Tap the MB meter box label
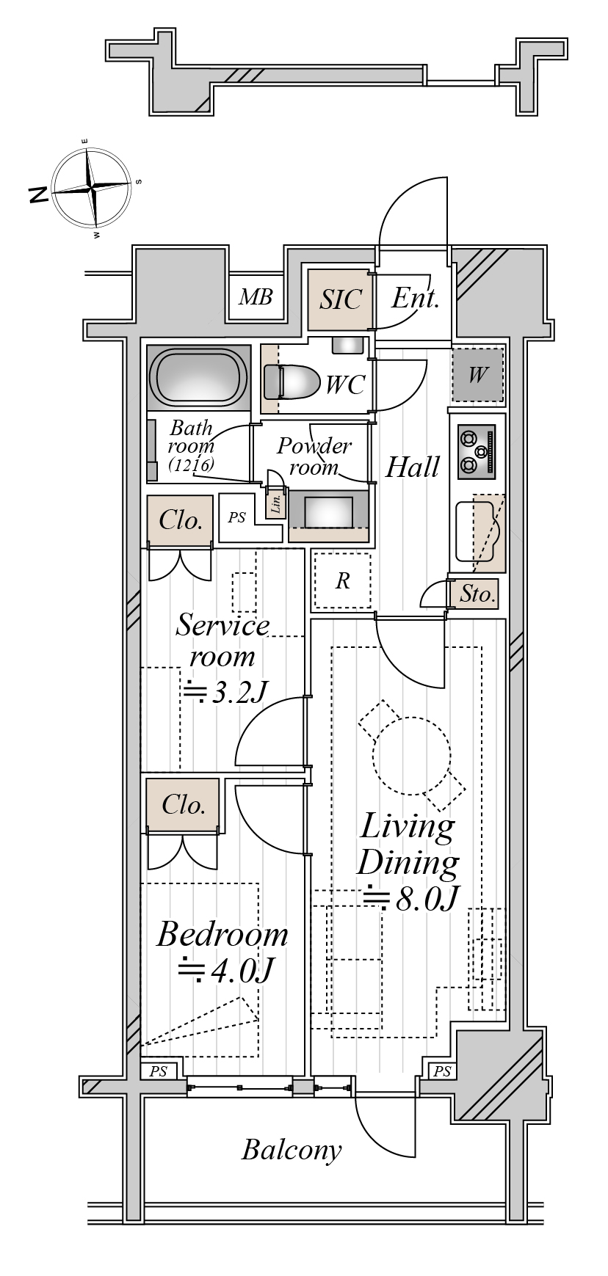point(256,297)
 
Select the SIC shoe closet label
point(341,299)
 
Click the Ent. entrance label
point(415,299)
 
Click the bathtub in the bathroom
point(197,376)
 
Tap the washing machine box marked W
point(478,375)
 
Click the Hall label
point(413,467)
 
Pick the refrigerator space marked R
point(342,581)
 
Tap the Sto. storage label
point(478,594)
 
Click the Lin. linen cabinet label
point(276,504)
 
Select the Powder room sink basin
point(327,511)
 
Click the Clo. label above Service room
point(181,520)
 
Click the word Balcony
point(292,1149)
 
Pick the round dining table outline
point(411,755)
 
